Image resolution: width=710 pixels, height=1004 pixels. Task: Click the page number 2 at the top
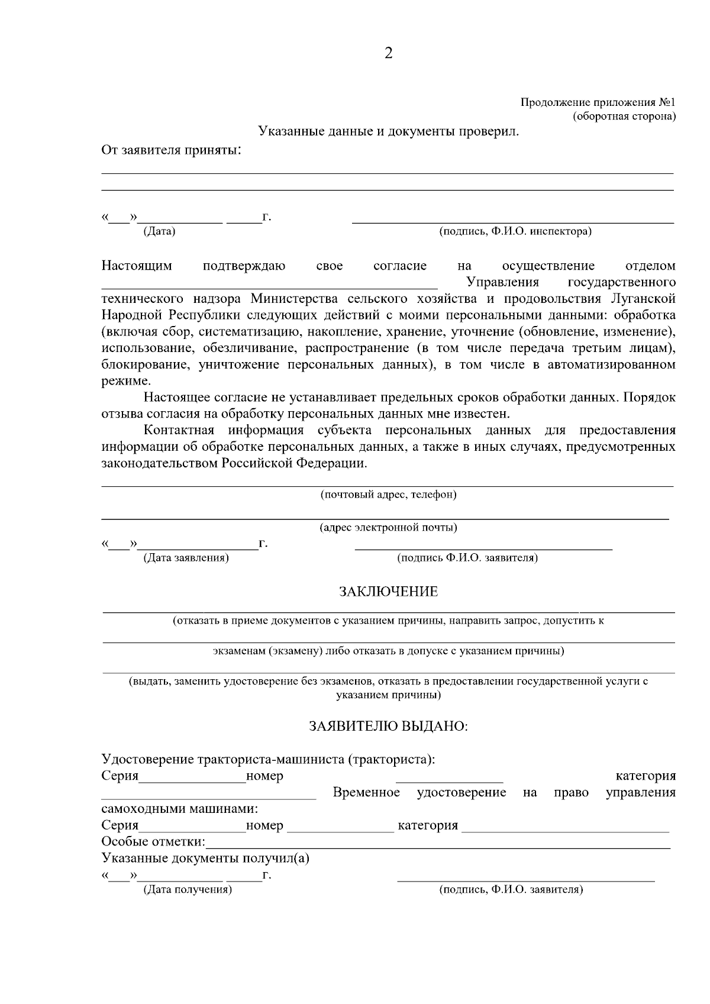point(388,53)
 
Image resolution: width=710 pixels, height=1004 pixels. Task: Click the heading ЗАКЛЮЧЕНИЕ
point(388,592)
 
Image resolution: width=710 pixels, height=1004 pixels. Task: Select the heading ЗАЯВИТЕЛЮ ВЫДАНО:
point(388,726)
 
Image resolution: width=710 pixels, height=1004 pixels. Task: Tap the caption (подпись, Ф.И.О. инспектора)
point(515,231)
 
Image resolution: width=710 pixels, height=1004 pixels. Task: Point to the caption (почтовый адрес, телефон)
point(388,495)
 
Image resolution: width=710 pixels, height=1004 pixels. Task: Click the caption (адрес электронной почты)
point(388,527)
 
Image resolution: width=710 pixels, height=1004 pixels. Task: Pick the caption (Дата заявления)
point(186,557)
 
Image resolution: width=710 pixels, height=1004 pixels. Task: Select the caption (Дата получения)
point(188,890)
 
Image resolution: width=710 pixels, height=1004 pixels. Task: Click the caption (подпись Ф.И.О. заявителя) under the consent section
point(467,557)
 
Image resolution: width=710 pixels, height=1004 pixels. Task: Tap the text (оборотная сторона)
point(624,116)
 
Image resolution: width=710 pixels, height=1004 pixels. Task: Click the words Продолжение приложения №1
point(598,102)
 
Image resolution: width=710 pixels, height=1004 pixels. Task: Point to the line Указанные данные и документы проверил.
point(388,131)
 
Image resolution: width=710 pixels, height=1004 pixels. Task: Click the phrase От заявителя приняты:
point(172,150)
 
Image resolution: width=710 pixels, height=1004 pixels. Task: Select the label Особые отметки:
point(153,842)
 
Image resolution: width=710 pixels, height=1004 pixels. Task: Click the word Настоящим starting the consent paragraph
point(137,266)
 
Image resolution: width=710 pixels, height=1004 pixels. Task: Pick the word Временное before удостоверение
point(366,793)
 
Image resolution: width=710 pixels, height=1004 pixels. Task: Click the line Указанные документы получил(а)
point(205,858)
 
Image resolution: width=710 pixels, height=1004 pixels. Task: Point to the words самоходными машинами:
point(179,809)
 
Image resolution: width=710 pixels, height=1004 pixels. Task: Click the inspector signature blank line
point(513,222)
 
